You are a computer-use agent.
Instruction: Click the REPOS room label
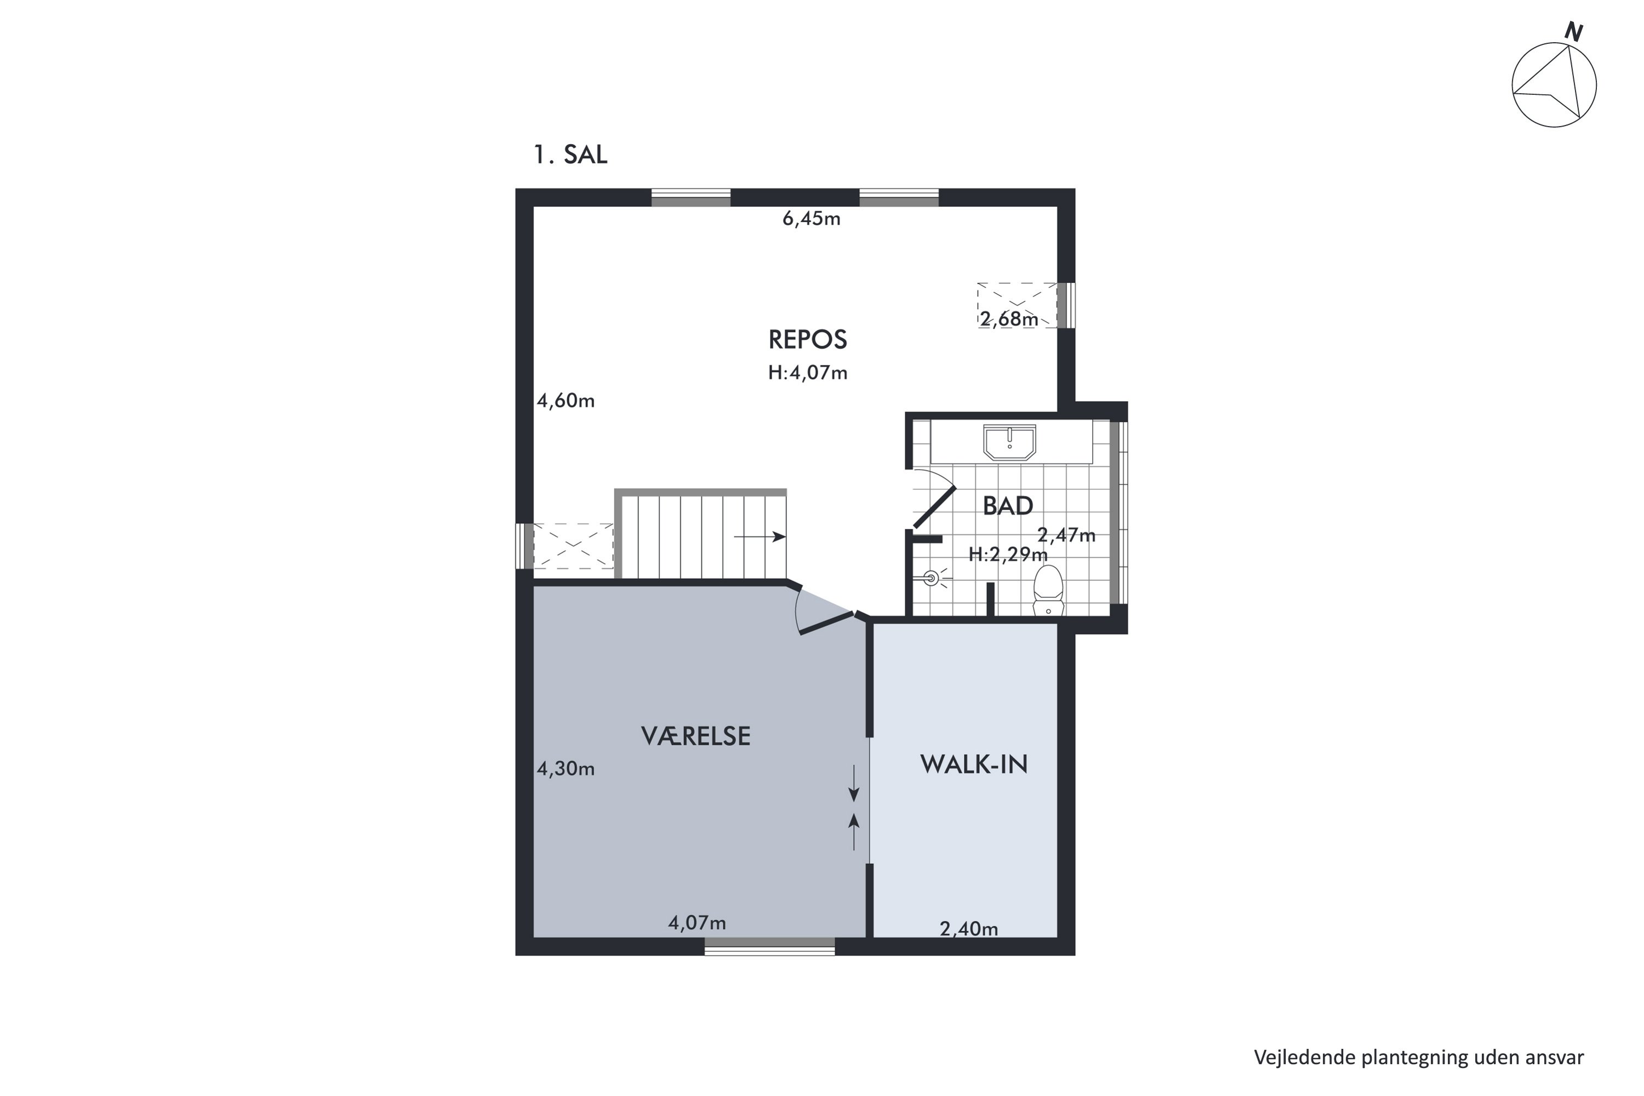coord(807,340)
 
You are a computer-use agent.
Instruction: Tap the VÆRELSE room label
coord(695,736)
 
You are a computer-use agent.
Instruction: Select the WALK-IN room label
coord(974,764)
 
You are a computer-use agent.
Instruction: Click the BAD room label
coord(1007,505)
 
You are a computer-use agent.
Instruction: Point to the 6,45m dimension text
coord(811,219)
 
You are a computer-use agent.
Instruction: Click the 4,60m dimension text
coord(566,401)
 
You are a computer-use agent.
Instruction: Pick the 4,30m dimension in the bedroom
coord(566,769)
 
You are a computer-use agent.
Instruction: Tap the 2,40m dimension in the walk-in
coord(969,929)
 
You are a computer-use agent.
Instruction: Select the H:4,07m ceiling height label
coord(807,373)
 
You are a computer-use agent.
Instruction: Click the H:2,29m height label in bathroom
coord(1007,554)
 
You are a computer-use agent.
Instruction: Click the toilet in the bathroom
coord(1048,590)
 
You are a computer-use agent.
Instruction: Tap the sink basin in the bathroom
coord(1009,442)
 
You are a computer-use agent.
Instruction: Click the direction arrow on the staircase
coord(760,537)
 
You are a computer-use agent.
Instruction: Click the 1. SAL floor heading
coord(570,155)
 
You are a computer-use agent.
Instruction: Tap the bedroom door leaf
coord(827,624)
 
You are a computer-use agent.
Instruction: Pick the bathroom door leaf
coord(934,507)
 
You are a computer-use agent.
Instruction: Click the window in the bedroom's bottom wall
coord(769,946)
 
